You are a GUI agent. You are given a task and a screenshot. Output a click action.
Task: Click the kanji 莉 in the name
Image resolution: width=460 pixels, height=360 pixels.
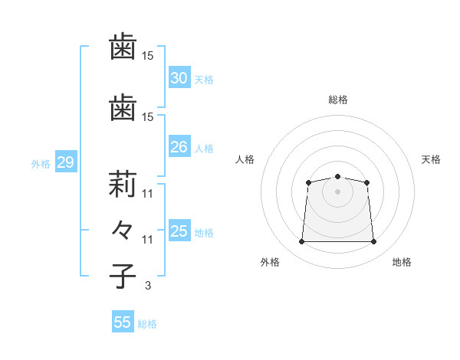(123, 184)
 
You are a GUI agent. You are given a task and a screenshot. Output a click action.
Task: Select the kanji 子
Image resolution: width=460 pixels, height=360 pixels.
(123, 277)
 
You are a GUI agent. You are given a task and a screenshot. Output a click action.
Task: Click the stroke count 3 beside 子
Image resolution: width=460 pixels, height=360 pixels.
(148, 286)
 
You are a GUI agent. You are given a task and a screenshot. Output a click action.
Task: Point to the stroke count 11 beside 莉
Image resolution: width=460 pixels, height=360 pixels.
(147, 194)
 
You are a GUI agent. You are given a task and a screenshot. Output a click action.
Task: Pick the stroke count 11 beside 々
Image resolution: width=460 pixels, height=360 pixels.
(147, 240)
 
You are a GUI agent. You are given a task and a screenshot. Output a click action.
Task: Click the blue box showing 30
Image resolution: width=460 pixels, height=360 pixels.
(179, 77)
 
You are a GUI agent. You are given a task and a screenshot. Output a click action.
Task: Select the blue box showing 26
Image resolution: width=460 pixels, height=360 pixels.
(179, 146)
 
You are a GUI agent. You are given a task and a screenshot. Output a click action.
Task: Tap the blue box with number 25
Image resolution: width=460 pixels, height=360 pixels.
(179, 230)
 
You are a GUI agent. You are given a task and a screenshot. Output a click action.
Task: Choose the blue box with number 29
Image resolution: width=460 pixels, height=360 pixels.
(66, 162)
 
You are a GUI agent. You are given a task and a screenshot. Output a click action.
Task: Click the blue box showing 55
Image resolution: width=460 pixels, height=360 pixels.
(123, 321)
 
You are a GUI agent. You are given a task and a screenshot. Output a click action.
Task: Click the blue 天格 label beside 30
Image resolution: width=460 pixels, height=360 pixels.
(204, 80)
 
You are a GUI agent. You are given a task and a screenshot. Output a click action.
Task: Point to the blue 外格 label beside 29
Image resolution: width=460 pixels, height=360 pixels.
(41, 164)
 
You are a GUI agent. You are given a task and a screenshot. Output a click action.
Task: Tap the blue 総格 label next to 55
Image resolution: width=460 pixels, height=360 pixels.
(147, 324)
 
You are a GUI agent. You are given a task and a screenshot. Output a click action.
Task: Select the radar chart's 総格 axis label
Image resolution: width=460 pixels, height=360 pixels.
(338, 100)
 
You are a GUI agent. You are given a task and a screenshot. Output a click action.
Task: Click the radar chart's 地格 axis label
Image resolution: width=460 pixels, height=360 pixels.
(402, 262)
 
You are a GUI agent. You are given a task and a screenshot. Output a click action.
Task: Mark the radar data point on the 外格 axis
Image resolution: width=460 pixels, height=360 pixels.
(301, 241)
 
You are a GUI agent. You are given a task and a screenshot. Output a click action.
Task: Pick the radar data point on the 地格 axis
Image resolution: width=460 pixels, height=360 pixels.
(374, 241)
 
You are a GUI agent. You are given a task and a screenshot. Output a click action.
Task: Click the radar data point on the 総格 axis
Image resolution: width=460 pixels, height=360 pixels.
(337, 176)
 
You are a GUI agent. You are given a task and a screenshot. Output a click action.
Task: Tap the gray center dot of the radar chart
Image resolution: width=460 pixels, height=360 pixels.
(337, 191)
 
